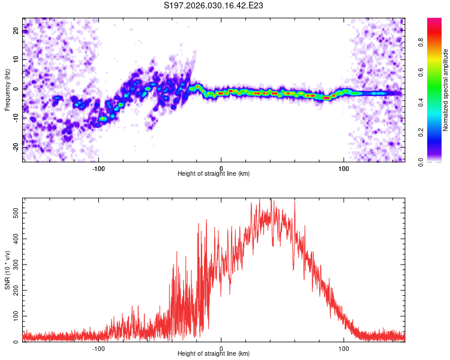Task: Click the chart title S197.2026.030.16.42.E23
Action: (x=214, y=6)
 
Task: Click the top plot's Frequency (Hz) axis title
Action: (x=7, y=90)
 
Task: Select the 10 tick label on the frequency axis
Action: (x=16, y=59)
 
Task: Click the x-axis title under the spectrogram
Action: (x=214, y=173)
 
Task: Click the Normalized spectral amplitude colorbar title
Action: (x=446, y=90)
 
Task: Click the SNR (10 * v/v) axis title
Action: (x=7, y=270)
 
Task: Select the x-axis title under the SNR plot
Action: (x=214, y=354)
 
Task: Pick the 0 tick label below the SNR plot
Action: (x=221, y=348)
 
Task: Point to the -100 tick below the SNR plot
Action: (x=98, y=348)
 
